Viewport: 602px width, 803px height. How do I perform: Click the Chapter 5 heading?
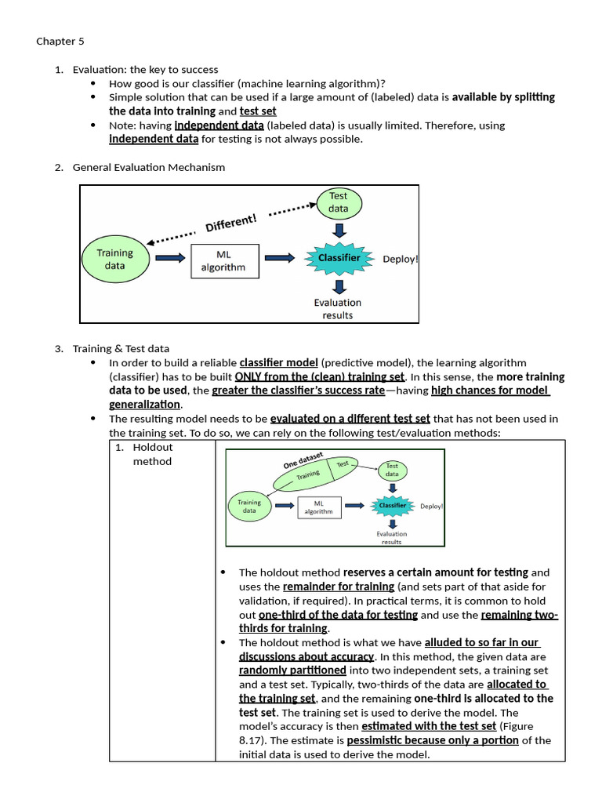(x=57, y=42)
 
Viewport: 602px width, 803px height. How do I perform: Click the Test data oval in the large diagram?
(x=339, y=203)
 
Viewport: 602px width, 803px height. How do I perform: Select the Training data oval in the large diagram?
(x=114, y=259)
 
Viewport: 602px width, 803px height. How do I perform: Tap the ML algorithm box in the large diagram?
(x=223, y=260)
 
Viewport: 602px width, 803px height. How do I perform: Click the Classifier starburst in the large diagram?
(x=339, y=258)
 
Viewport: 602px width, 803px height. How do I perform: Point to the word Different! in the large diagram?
(x=230, y=223)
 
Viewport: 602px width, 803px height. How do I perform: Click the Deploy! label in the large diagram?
(x=400, y=259)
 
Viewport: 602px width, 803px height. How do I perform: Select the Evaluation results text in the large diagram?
(x=338, y=309)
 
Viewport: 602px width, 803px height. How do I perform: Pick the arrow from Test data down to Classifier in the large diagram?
(x=339, y=230)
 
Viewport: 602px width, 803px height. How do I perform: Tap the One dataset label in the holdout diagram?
(x=303, y=460)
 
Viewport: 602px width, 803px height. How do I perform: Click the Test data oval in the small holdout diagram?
(x=391, y=470)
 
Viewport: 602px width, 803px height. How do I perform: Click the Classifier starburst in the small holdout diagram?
(x=392, y=506)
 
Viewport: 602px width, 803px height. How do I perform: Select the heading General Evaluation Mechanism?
(x=149, y=167)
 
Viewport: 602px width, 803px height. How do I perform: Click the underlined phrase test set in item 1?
(x=258, y=111)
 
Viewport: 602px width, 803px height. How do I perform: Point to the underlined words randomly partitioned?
(x=292, y=670)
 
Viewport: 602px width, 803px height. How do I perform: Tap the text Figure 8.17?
(x=526, y=726)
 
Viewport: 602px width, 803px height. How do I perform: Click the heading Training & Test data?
(x=121, y=349)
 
